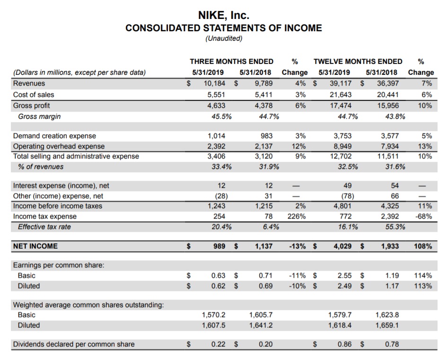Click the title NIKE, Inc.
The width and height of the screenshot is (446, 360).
(223, 16)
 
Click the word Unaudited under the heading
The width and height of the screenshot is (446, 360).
(223, 39)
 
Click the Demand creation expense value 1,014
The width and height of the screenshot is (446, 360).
(217, 136)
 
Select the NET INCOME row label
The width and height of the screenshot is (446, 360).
(35, 246)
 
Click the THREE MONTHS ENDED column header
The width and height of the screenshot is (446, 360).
(231, 61)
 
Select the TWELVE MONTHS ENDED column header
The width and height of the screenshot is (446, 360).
(358, 61)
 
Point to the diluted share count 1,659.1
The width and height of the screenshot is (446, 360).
(386, 325)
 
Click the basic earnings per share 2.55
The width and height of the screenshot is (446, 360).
(344, 275)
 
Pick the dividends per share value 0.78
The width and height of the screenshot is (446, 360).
(392, 344)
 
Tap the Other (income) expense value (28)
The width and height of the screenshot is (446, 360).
(218, 196)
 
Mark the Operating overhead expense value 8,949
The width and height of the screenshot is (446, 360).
(342, 146)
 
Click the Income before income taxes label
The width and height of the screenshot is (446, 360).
(58, 206)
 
